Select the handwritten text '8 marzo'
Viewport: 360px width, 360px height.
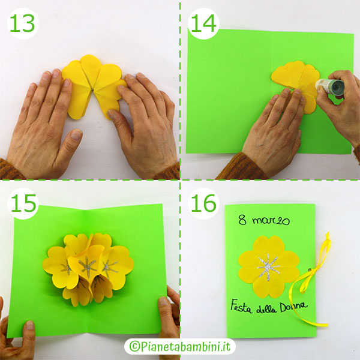click(262, 220)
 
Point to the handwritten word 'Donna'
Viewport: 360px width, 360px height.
click(293, 306)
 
